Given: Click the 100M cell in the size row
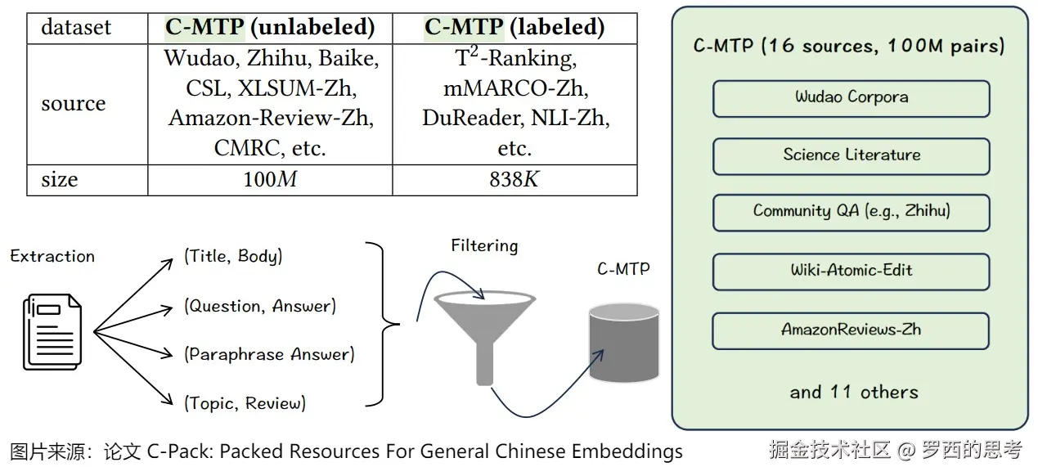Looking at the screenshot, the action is coord(270,180).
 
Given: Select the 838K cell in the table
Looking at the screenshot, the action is coord(515,180).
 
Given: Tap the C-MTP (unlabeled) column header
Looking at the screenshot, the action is coord(270,27).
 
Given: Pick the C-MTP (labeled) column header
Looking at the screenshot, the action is coord(515,27).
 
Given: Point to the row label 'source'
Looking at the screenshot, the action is coord(74,103).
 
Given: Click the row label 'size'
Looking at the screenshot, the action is coord(60,179).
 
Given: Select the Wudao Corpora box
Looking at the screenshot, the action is coord(852,98).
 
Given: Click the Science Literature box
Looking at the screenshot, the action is coord(852,156).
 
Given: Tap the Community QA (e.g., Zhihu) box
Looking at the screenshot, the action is coord(852,213).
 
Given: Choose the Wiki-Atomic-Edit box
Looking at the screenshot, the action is coord(851,272).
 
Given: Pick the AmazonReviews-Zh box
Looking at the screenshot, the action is coord(851,331).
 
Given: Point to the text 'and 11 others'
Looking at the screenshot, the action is coord(854,393).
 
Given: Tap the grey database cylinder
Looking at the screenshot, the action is coord(624,343).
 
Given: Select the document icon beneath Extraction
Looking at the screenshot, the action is coord(52,332).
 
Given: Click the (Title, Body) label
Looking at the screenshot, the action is coord(233,256).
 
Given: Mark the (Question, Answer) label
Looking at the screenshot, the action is coord(260,306).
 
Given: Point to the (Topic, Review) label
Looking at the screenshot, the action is coord(245,403).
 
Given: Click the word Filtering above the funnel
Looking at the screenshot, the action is coord(484,245).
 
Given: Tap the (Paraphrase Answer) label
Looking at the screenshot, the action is coord(269,355).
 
